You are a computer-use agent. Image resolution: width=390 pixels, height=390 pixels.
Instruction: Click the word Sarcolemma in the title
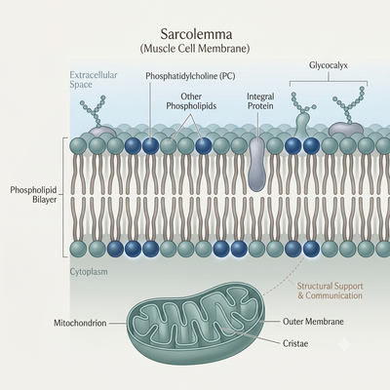tap(197, 34)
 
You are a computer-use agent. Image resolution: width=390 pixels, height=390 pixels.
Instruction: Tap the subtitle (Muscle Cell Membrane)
tap(195, 49)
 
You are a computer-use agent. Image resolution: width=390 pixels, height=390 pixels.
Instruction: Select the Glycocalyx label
tap(329, 65)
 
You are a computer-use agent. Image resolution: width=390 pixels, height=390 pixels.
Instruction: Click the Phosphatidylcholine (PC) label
tap(190, 76)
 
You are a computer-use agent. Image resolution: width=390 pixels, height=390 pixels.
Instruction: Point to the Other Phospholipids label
tap(191, 101)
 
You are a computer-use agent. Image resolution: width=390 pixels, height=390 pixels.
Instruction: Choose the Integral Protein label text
tap(260, 101)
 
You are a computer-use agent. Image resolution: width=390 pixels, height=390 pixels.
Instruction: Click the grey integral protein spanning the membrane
tap(257, 164)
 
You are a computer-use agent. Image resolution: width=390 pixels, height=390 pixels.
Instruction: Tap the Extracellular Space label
tap(94, 80)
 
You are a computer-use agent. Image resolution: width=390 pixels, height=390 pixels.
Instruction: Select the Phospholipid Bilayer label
tap(33, 195)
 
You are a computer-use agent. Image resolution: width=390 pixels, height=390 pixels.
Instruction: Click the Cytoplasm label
tap(89, 272)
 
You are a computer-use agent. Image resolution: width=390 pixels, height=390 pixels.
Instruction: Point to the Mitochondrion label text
tap(80, 323)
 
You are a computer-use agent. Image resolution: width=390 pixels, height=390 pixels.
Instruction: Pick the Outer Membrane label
tap(313, 322)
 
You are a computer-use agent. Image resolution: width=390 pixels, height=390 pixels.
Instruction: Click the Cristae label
tap(295, 343)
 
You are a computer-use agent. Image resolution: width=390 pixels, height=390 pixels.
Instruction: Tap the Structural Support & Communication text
tap(330, 291)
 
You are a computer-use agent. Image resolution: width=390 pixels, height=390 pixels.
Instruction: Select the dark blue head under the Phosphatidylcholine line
tap(151, 145)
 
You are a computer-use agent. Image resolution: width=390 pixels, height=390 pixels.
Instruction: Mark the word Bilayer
tap(45, 200)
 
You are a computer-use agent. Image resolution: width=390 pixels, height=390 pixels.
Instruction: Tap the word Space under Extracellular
tap(81, 85)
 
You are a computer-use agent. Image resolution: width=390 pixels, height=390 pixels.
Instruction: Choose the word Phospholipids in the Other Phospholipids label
tap(191, 106)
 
